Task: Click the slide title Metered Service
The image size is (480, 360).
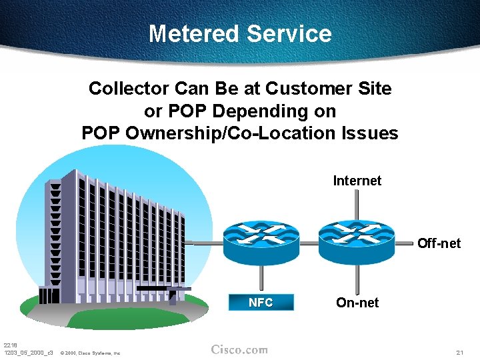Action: pyautogui.click(x=240, y=33)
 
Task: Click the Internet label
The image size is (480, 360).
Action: pyautogui.click(x=357, y=181)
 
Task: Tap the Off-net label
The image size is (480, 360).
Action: pyautogui.click(x=439, y=243)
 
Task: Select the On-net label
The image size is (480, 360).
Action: pyautogui.click(x=357, y=303)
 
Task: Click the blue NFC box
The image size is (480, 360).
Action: pyautogui.click(x=261, y=303)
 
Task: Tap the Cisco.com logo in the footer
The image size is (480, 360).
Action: pyautogui.click(x=239, y=349)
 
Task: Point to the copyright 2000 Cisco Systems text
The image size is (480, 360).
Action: pyautogui.click(x=90, y=353)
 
